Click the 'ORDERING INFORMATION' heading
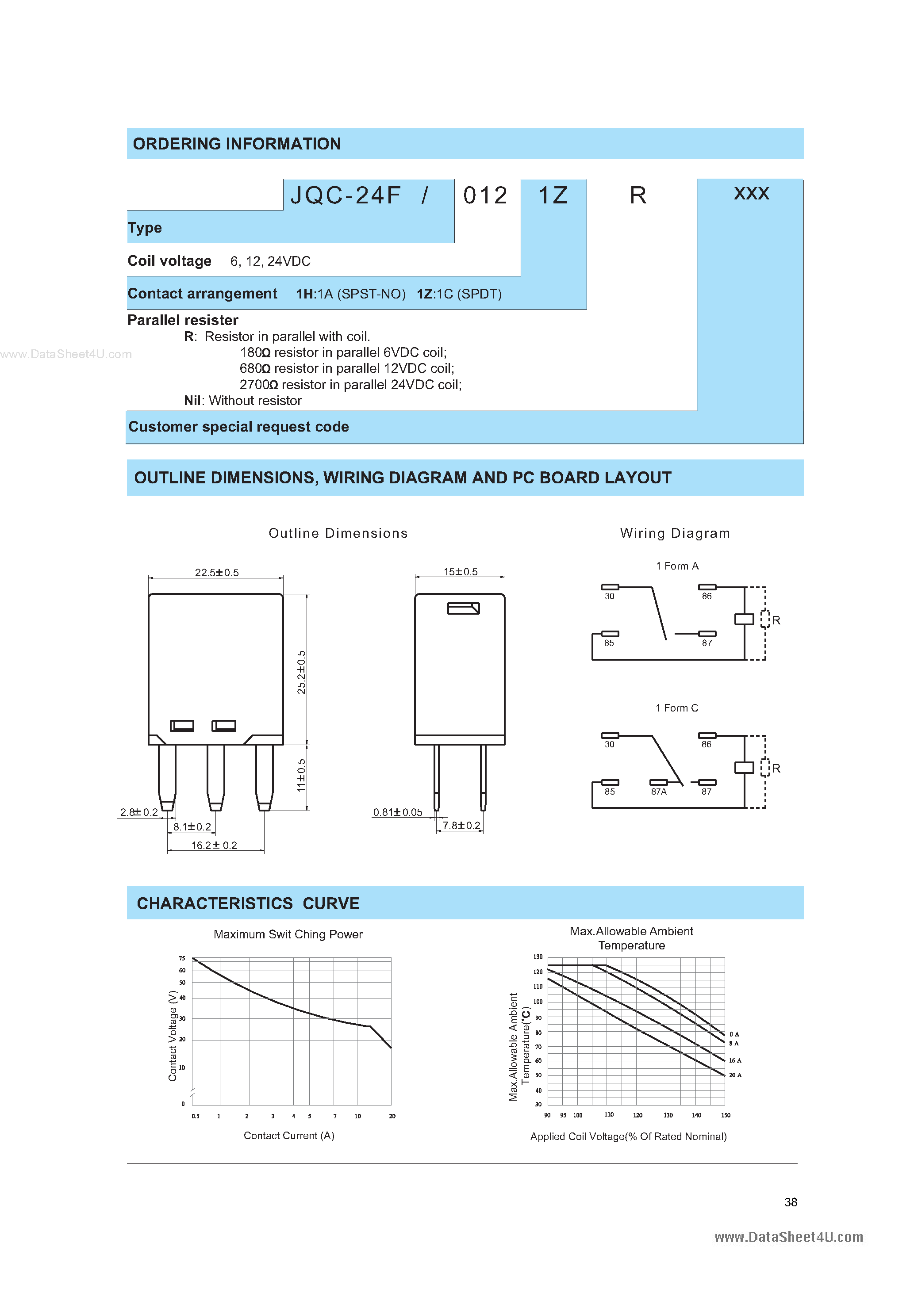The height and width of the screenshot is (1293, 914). [237, 144]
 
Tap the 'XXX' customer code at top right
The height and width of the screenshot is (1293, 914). [751, 194]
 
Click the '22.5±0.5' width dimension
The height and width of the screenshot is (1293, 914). [216, 572]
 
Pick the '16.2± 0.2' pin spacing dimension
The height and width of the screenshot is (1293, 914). [214, 845]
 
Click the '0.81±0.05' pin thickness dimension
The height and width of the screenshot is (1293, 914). [397, 812]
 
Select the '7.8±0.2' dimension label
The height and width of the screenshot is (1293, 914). [461, 826]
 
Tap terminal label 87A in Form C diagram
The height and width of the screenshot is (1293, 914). [659, 792]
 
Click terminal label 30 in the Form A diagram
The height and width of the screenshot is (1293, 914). [609, 597]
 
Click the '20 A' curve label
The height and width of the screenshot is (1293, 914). [735, 1075]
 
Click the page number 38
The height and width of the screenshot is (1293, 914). [791, 1202]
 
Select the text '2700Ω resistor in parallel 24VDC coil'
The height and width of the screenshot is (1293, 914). [350, 385]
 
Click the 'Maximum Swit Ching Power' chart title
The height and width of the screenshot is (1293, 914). [288, 934]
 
